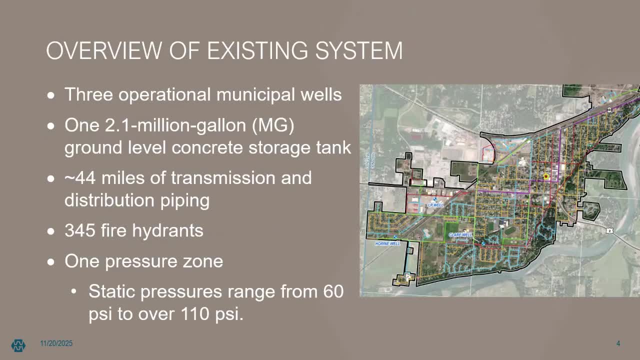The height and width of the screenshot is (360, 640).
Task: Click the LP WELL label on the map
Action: pyautogui.click(x=435, y=205)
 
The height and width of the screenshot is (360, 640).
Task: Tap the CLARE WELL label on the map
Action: pyautogui.click(x=460, y=234)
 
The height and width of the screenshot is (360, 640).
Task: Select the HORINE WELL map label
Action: pyautogui.click(x=387, y=243)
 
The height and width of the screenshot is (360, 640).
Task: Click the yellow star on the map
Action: pyautogui.click(x=546, y=176)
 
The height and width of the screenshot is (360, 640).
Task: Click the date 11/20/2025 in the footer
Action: pyautogui.click(x=56, y=343)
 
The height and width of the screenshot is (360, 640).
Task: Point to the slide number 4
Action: pyautogui.click(x=618, y=343)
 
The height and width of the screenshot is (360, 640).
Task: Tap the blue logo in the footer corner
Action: pyautogui.click(x=18, y=345)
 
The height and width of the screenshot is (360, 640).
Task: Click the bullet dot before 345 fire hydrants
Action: pyautogui.click(x=51, y=231)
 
